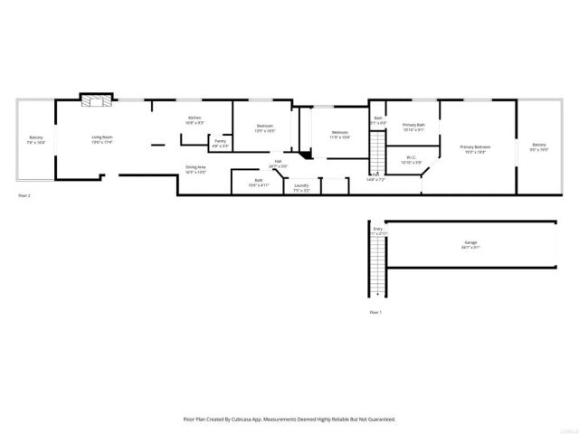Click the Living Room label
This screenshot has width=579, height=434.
tap(101, 138)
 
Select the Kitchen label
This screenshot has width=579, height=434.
tap(195, 118)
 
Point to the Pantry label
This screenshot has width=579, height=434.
tap(220, 141)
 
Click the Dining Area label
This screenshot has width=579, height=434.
tap(195, 168)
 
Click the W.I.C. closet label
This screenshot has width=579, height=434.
tap(411, 159)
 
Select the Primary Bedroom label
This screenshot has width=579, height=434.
tap(475, 147)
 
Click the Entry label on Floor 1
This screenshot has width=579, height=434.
tap(378, 230)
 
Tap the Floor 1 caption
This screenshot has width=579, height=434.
tap(375, 312)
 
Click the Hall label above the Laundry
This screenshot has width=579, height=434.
tap(278, 162)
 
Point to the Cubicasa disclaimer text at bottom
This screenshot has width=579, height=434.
tap(289, 420)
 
